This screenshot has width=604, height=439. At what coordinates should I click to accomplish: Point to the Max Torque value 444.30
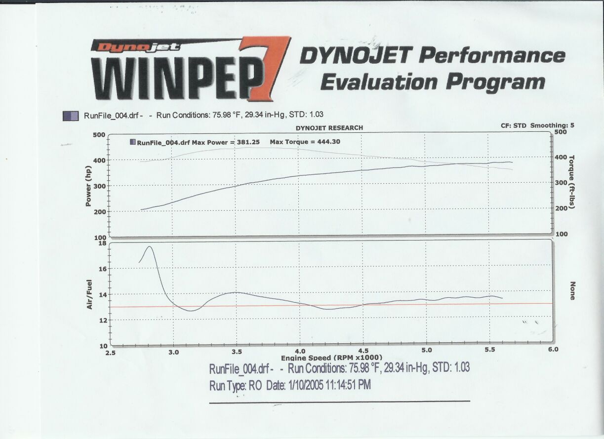coord(325,142)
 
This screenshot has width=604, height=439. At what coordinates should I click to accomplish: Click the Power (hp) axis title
coord(88,185)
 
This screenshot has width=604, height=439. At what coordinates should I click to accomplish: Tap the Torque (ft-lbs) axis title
coord(572,181)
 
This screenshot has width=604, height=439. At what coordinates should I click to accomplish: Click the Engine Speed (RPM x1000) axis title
coord(331,357)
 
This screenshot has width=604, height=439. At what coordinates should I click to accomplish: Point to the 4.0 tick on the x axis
coord(300,351)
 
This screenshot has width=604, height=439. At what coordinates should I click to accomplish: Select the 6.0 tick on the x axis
coord(553,350)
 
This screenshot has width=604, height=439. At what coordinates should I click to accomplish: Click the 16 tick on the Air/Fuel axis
coord(103,269)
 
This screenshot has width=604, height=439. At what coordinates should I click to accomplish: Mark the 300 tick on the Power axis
coord(99,186)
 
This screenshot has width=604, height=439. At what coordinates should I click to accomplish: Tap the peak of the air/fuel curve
coord(150,246)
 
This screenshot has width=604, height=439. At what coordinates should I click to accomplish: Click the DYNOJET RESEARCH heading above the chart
coord(329,128)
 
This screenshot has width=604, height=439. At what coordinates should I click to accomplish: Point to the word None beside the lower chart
coord(572,291)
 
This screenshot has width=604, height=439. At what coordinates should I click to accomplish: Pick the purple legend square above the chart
coord(70,116)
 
